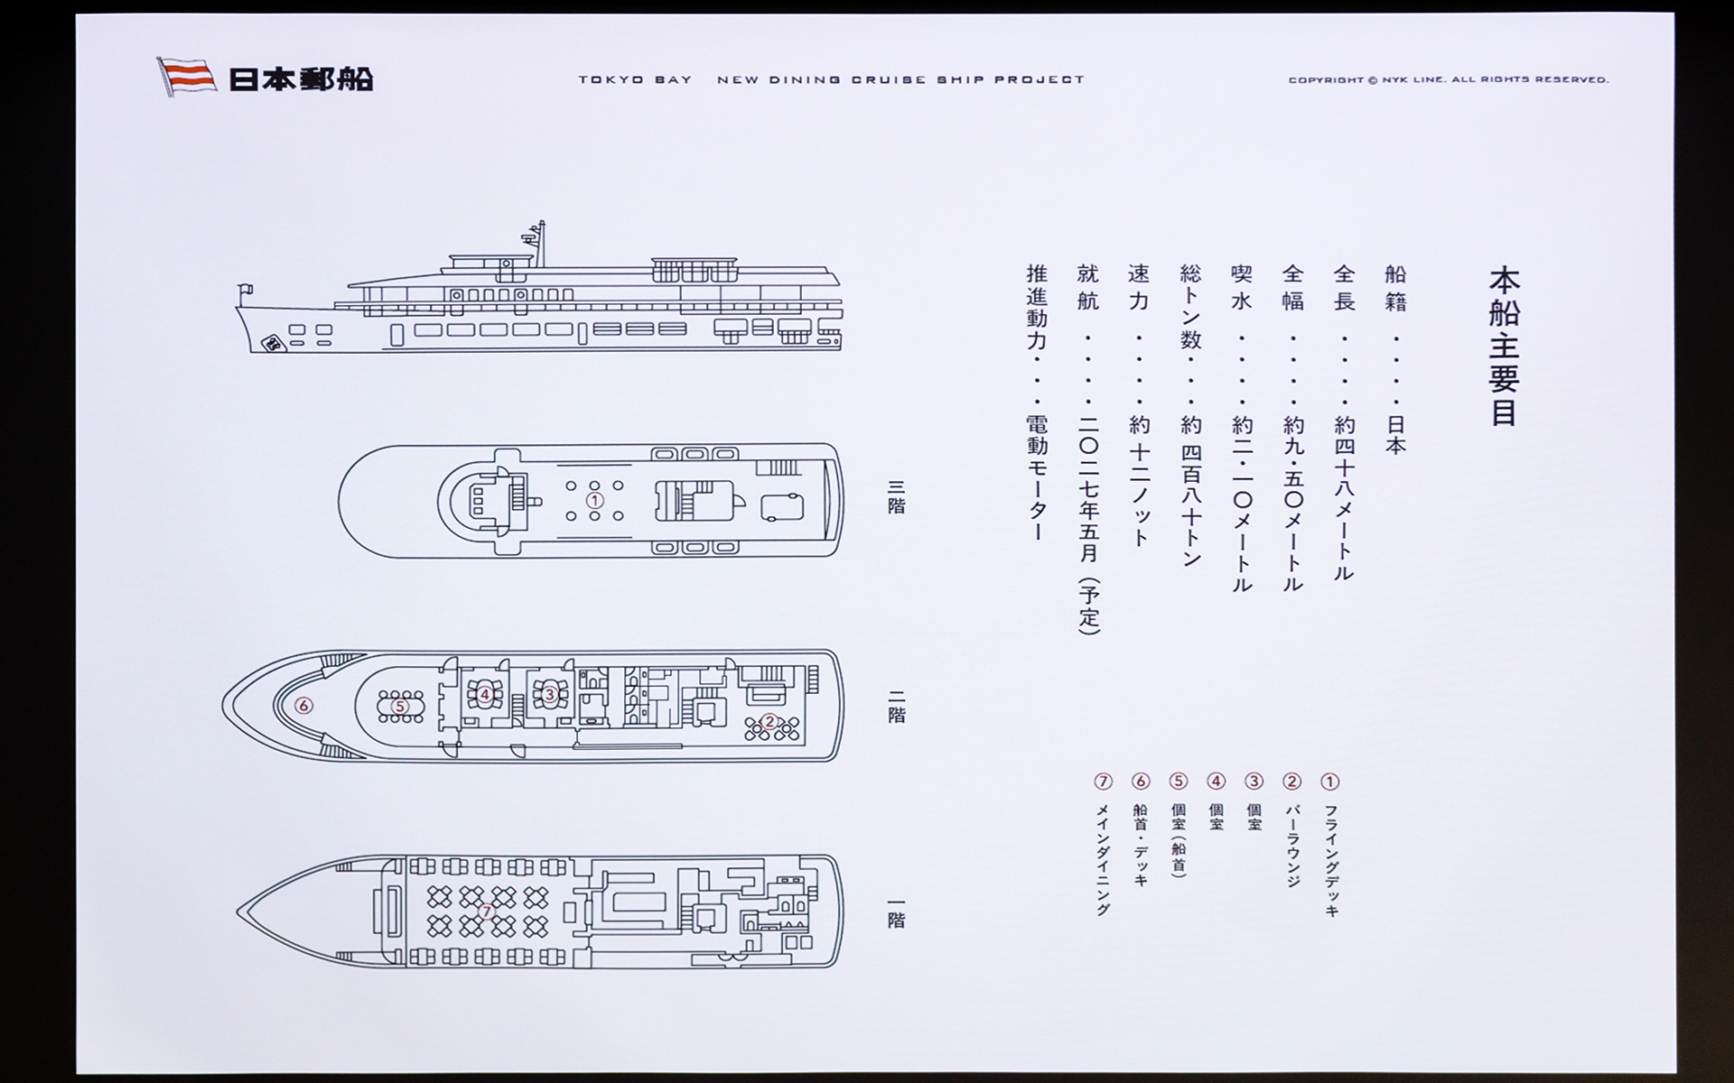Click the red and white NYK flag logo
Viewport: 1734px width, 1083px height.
tap(187, 77)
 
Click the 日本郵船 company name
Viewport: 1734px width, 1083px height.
tap(301, 79)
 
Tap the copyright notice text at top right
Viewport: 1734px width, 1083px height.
tap(1449, 79)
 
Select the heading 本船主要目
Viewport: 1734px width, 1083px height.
tap(1504, 346)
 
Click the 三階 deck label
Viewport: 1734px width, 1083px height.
tap(896, 496)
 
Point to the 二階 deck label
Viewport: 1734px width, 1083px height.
tap(896, 706)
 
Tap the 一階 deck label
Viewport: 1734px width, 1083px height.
tap(896, 912)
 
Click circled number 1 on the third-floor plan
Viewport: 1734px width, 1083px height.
tap(594, 500)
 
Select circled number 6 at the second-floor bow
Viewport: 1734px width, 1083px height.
tap(303, 706)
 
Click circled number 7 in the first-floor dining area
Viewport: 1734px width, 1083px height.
tap(487, 912)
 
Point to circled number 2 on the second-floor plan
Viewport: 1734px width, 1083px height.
tap(769, 721)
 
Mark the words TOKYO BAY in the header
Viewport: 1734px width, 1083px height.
tap(635, 79)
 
